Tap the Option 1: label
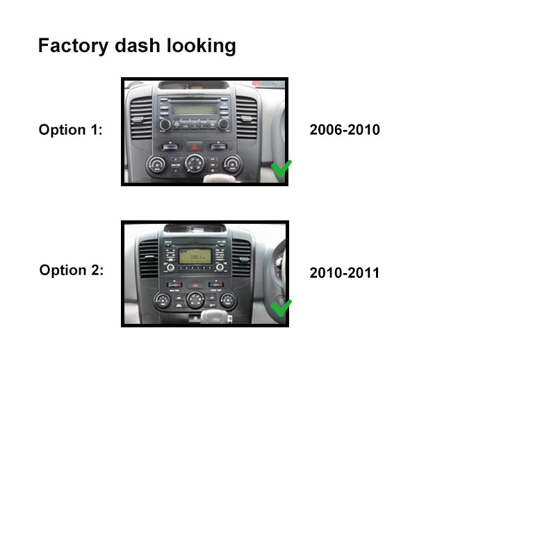coord(70,129)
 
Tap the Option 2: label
coord(71,270)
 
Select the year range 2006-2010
coord(345,129)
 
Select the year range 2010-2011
coord(345,272)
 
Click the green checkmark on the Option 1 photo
coord(281,168)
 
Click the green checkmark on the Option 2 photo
coord(281,306)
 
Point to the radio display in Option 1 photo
coord(194,109)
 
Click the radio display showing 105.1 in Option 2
coord(195,256)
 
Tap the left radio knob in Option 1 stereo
coord(165,124)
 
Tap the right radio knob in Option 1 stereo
coord(224,124)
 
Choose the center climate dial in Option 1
coord(195,164)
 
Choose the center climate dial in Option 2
coord(195,300)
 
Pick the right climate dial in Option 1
coord(232,165)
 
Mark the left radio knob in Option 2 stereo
coord(170,267)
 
